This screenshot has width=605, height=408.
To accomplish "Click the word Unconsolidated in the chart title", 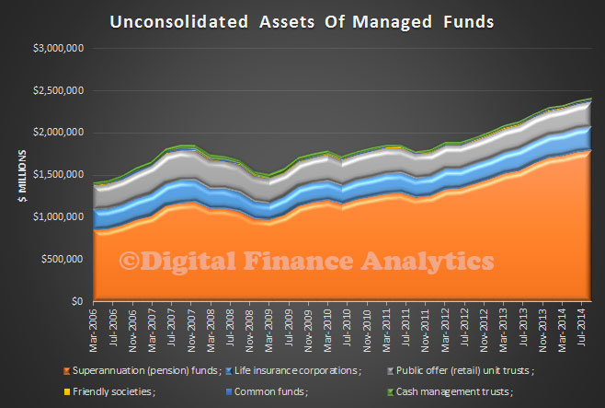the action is coord(179,21).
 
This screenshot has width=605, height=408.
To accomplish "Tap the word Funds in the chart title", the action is coord(468,21).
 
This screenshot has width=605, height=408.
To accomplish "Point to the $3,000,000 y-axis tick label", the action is coord(59,48).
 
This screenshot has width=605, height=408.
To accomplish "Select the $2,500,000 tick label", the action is coord(59,91).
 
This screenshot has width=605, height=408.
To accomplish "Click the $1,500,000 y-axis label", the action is coord(59,175).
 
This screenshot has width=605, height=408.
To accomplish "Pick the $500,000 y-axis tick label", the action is coord(63,259).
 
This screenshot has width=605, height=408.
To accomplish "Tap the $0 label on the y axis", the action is coord(77,301).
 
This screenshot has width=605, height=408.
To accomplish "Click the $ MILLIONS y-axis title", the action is coord(22,176).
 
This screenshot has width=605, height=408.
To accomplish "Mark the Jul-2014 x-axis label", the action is coord(581,327).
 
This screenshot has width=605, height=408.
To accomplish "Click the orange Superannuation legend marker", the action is coord(67,371).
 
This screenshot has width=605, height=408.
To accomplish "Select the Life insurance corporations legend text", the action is coord(298,371).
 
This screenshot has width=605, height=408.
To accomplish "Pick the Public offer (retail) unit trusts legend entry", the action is coord(461,371).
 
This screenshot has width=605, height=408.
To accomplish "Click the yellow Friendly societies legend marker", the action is coord(67,392).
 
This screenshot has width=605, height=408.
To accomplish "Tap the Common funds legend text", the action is coord(271,391).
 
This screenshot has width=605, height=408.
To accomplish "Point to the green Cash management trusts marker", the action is coord(391,392).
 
